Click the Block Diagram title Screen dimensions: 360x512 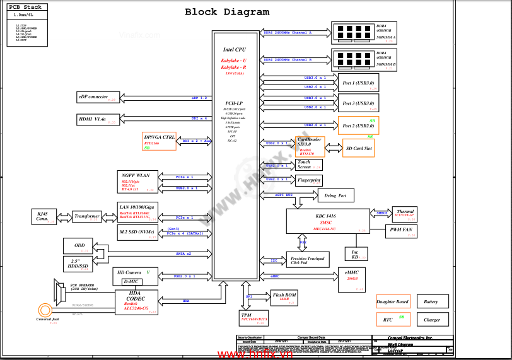[226, 12]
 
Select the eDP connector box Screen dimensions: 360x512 [97, 97]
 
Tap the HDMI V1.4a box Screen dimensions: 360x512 [97, 119]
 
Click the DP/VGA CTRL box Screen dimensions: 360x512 [160, 141]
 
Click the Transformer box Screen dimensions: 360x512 [87, 216]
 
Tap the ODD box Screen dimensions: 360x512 [79, 247]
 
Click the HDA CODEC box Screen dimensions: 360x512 [136, 302]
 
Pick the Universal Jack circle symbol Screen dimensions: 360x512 [44, 310]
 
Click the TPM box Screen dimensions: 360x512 [254, 317]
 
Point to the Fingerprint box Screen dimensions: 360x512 [308, 180]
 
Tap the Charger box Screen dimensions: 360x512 [432, 320]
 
